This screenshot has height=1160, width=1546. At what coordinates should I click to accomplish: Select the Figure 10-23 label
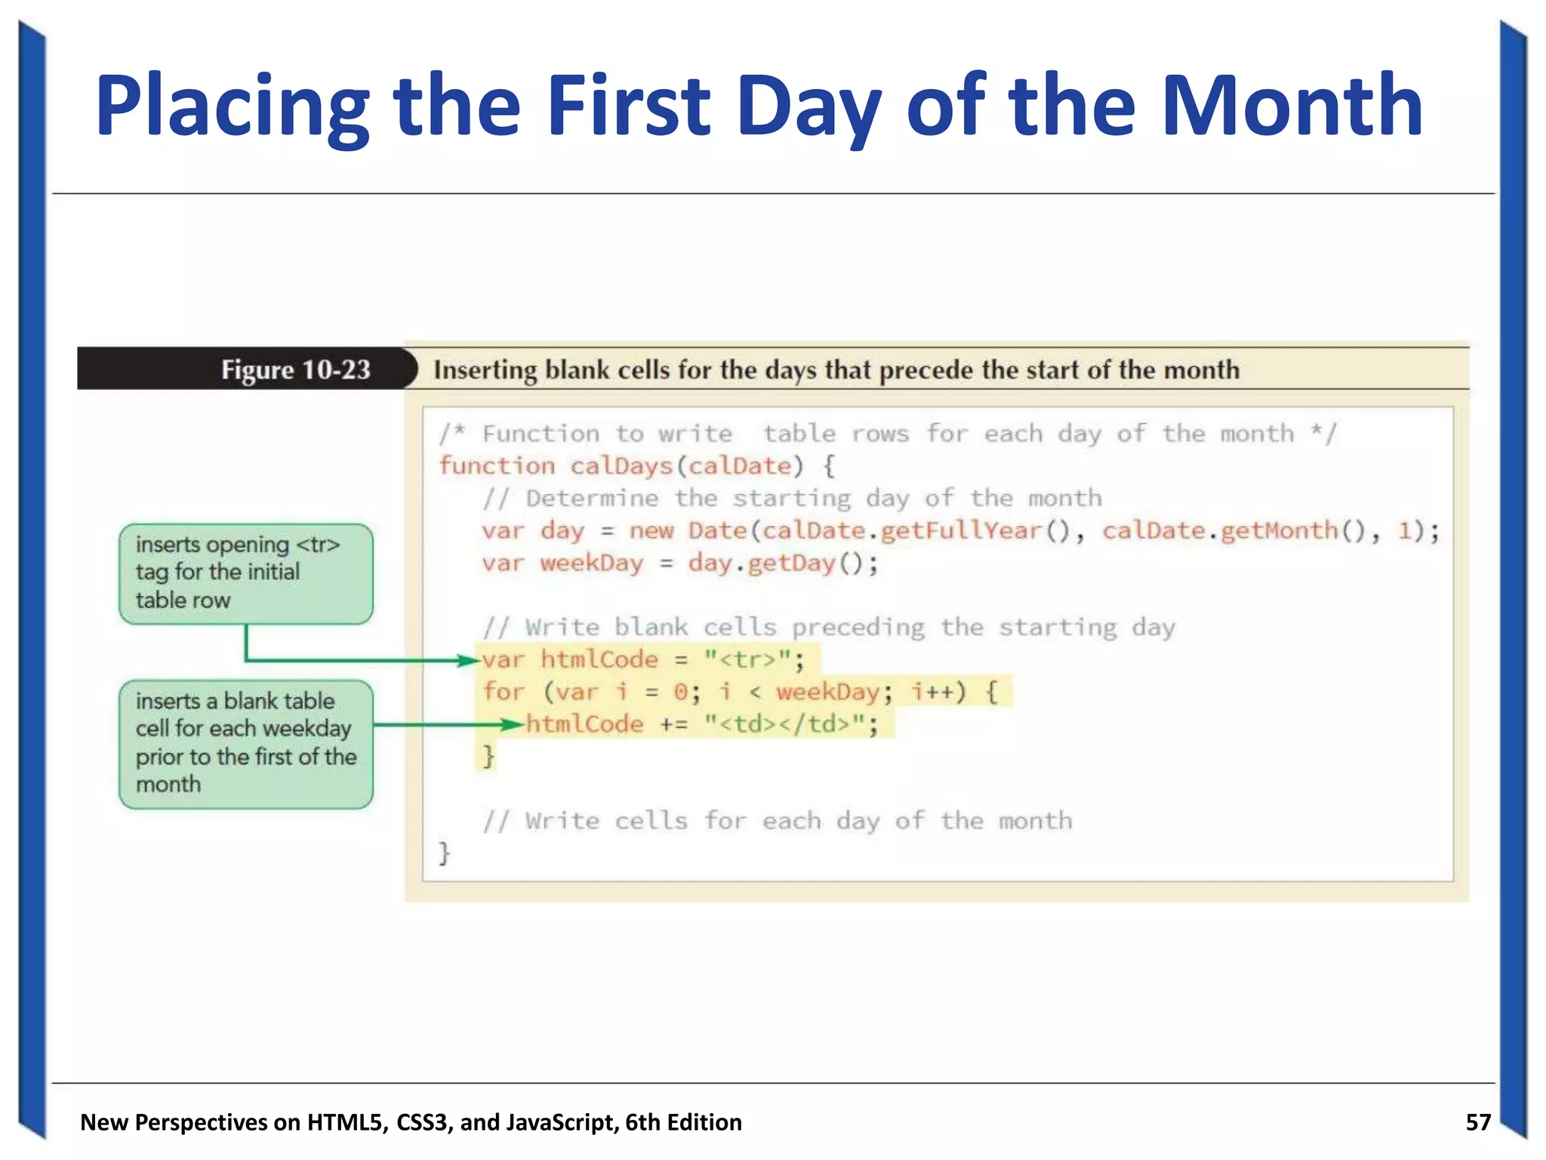(x=295, y=369)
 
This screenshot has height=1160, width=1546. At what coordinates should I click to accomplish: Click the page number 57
(x=1477, y=1121)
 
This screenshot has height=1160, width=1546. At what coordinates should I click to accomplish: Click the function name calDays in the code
(x=621, y=465)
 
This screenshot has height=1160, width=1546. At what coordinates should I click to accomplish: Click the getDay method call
(x=791, y=563)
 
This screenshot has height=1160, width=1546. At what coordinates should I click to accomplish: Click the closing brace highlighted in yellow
(x=488, y=755)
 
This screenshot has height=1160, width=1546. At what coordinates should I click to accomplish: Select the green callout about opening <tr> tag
(x=245, y=572)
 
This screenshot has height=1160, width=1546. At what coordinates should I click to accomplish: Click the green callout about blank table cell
(x=245, y=743)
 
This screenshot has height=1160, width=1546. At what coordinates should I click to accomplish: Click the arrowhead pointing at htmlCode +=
(x=513, y=725)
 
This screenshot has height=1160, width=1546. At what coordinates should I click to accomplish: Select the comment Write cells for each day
(x=777, y=820)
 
